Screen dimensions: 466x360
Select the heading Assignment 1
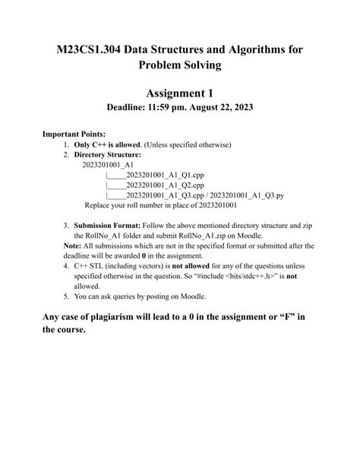point(179,93)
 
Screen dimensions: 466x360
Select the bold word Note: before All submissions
point(73,246)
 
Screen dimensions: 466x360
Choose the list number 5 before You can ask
point(67,296)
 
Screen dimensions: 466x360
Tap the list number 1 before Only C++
point(67,144)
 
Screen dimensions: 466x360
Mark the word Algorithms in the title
point(248,49)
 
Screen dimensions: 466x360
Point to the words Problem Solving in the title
point(179,65)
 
